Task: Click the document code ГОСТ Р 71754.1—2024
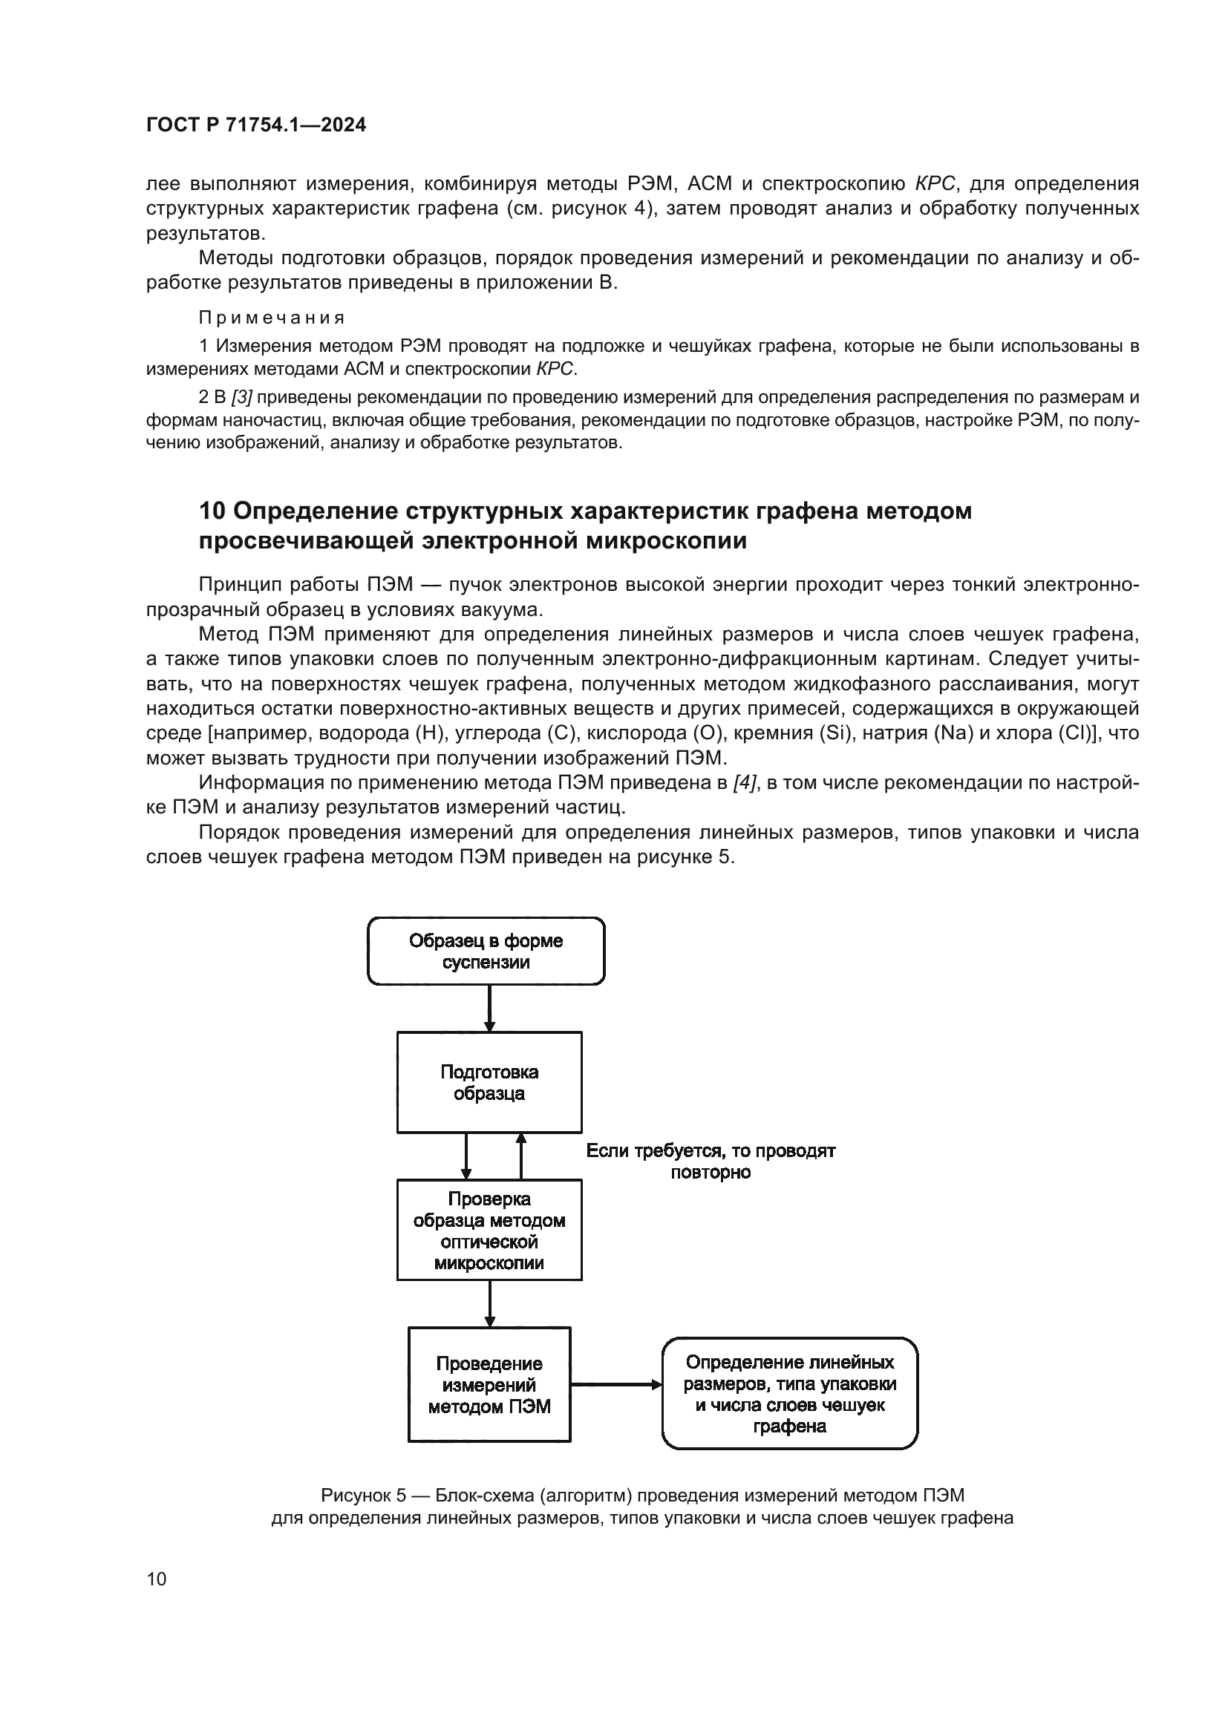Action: point(255,125)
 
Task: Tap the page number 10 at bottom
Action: point(157,1579)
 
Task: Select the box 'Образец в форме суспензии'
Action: point(486,951)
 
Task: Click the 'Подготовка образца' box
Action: point(489,1082)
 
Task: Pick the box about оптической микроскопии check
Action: point(489,1230)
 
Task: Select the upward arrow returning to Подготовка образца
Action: point(520,1156)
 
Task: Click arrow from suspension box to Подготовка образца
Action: point(489,1008)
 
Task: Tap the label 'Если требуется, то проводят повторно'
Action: point(710,1162)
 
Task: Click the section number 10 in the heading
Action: point(212,511)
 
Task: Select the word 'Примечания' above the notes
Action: point(272,318)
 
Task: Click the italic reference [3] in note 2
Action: point(241,398)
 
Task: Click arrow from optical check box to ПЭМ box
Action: point(489,1303)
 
